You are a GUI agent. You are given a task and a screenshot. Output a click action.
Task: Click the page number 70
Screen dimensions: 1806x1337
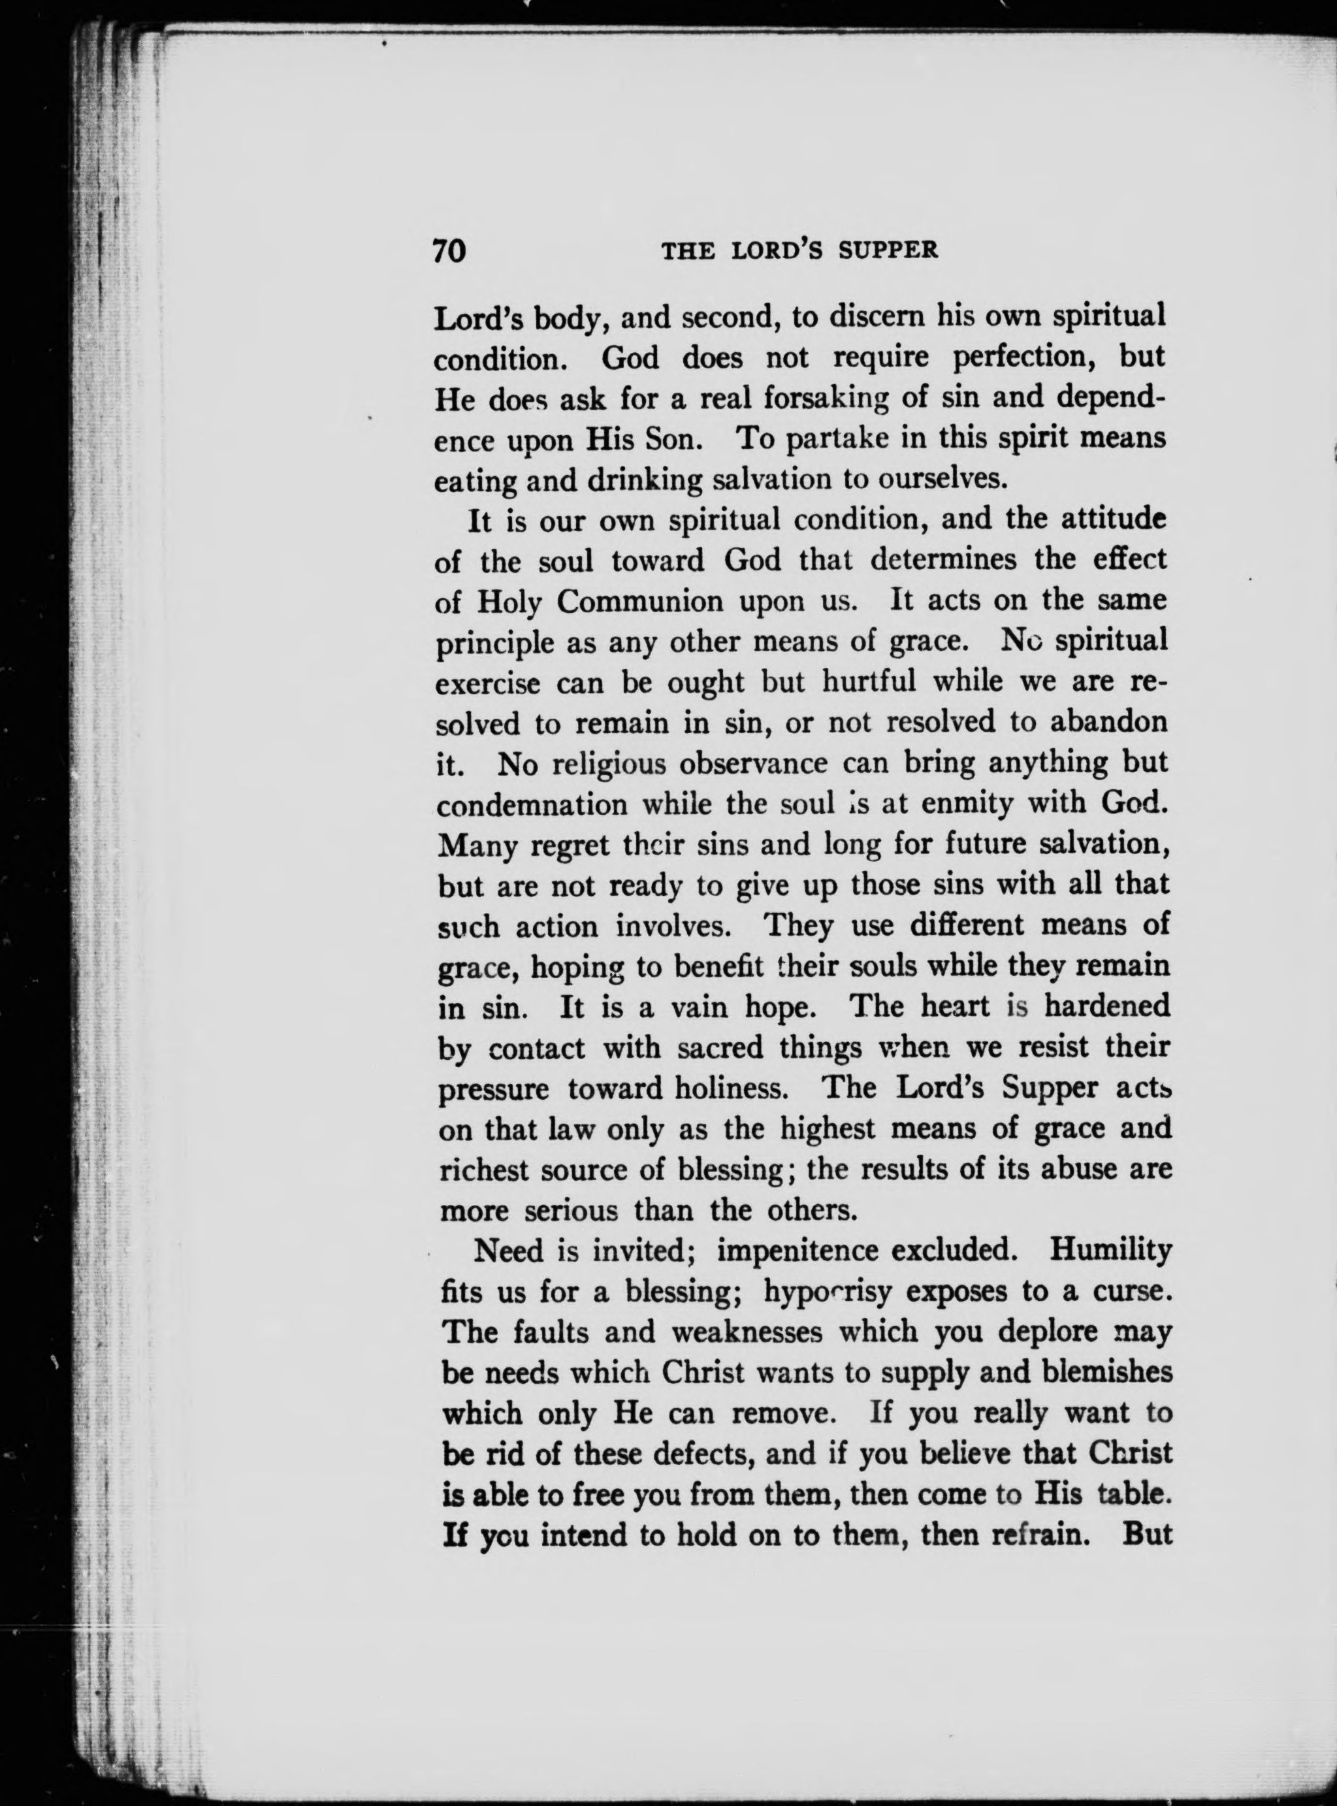pos(451,250)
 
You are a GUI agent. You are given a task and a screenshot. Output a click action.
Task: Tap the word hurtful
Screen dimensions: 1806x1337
pos(869,681)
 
